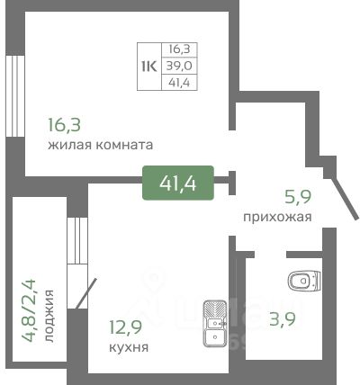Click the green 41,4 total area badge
178,183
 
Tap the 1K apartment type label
149,67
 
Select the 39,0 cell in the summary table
179,66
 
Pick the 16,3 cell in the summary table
179,49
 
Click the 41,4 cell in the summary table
179,82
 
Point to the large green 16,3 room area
65,125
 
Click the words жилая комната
101,145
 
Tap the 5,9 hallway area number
298,197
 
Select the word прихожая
277,217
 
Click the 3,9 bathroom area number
283,318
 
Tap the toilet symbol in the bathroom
304,281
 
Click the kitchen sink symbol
215,324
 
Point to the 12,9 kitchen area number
125,327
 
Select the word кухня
129,348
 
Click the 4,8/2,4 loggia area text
29,310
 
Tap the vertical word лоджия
49,316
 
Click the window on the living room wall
15,96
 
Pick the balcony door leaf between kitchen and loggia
86,293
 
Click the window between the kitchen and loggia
77,240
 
